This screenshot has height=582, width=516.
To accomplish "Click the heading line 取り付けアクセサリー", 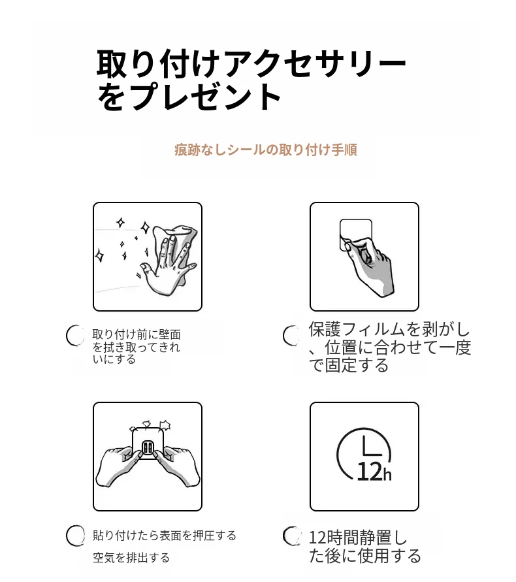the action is [251, 63].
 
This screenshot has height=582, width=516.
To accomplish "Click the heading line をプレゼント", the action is [189, 97].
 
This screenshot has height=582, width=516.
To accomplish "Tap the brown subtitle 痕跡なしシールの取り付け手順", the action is [266, 150].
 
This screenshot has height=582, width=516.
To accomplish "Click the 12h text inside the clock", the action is [374, 472].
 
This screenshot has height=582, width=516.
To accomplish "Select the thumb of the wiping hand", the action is [146, 269].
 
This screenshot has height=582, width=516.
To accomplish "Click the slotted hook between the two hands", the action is [148, 448].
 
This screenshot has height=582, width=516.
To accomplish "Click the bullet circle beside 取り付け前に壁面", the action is [75, 336].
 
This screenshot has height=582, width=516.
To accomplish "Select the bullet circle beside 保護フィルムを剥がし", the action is [291, 336].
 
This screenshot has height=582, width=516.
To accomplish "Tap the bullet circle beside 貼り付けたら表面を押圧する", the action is [75, 536].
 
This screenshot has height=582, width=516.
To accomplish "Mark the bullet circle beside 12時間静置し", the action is [291, 536].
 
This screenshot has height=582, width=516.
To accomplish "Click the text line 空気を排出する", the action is [131, 557].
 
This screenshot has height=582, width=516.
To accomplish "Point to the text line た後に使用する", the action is [365, 556].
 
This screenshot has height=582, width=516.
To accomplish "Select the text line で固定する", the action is [349, 366].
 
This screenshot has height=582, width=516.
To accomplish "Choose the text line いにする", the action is [114, 359].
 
